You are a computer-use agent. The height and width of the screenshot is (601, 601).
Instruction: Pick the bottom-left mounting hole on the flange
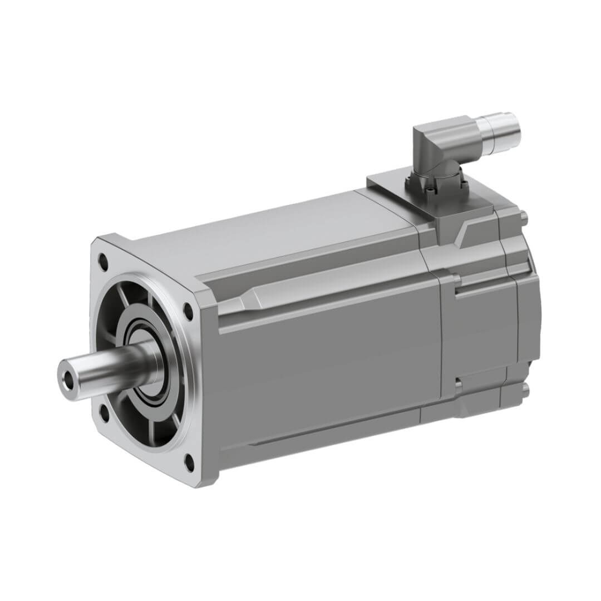[x=104, y=412]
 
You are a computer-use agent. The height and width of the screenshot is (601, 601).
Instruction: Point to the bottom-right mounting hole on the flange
[x=189, y=461]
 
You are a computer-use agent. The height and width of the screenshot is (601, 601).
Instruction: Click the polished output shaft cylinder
[x=106, y=368]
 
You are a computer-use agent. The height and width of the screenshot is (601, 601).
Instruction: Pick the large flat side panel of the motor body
[x=328, y=367]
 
